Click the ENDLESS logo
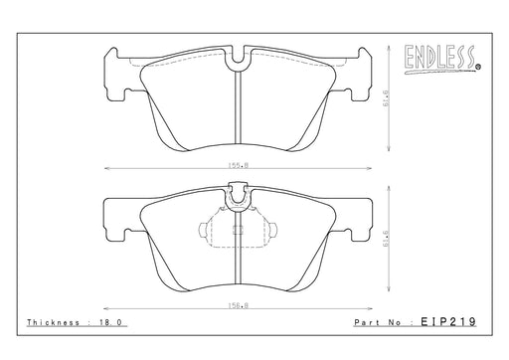tap(442, 60)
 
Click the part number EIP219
tap(448, 321)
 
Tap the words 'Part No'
tap(378, 322)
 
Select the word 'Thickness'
tap(54, 322)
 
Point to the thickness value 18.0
tap(110, 322)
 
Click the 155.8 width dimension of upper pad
tap(238, 165)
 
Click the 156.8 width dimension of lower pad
tap(238, 305)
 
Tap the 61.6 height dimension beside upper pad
tap(387, 97)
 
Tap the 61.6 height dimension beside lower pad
tap(387, 239)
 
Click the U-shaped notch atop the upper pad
tap(238, 61)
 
